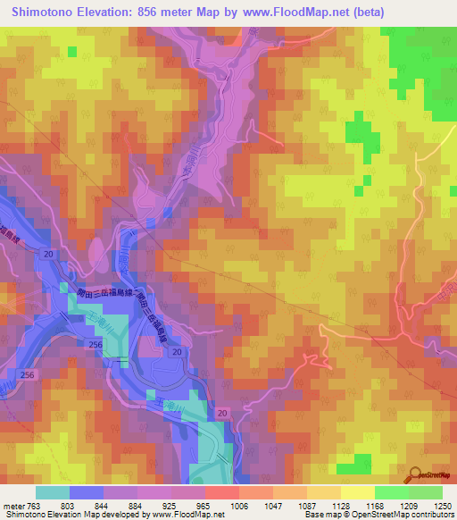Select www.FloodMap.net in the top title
click(315, 11)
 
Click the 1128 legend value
click(324, 506)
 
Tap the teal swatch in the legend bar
click(53, 492)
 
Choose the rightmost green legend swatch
click(426, 492)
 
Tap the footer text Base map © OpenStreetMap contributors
click(378, 516)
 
